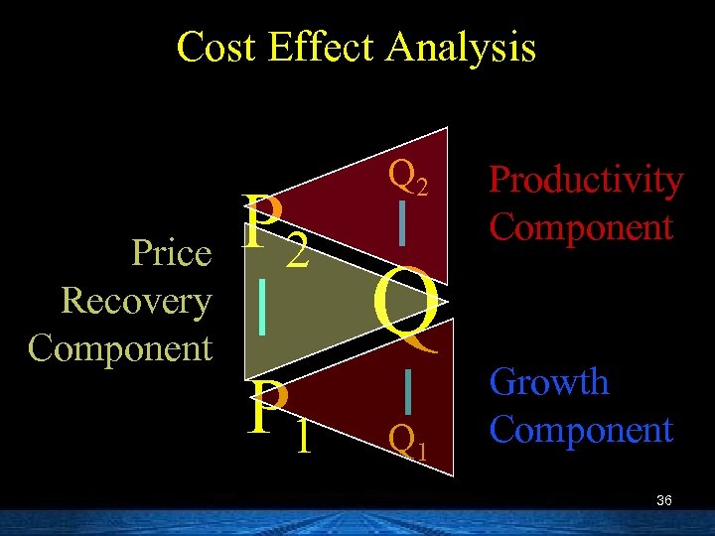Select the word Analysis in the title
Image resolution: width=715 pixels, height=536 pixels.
pos(465,47)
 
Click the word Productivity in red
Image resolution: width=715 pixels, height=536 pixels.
pos(586,181)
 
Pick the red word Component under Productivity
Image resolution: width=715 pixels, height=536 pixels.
pos(582,227)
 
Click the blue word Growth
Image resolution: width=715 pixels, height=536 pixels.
pos(549,382)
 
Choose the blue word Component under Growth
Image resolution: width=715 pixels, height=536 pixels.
pos(582,430)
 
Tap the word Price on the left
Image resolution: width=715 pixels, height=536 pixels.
pos(172,254)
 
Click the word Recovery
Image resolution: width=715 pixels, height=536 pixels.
pos(136,301)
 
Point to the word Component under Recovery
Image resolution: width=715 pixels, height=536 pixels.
pos(121,348)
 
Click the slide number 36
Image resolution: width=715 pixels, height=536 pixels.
pos(664,501)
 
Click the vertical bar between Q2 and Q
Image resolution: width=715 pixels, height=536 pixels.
pos(400,223)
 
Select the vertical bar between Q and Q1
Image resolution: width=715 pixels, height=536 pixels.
pos(407,390)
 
